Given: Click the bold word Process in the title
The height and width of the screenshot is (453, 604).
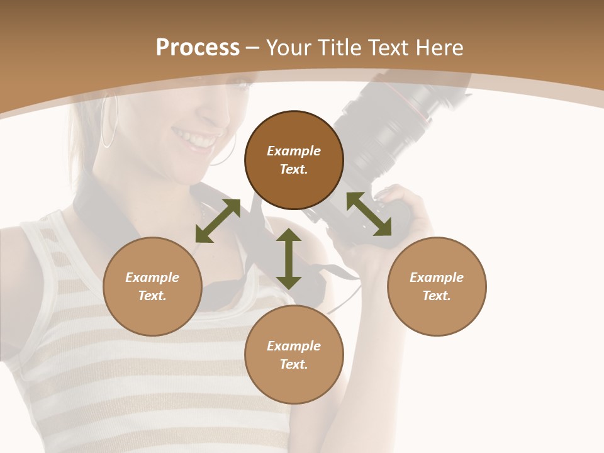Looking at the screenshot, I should [x=198, y=48].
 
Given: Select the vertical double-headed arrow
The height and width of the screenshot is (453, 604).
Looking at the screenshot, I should [x=289, y=259].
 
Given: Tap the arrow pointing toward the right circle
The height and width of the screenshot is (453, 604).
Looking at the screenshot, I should [x=369, y=214].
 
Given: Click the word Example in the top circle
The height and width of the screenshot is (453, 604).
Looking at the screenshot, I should [x=294, y=151].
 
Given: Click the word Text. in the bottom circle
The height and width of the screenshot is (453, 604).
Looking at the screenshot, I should [x=294, y=364].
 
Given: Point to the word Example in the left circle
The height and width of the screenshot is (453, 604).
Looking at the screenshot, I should [x=152, y=277].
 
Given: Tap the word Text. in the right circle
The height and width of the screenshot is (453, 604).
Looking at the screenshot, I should [x=437, y=296].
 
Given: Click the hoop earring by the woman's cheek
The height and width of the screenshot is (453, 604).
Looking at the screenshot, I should [x=110, y=123].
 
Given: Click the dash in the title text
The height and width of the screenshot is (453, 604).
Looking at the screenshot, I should [x=252, y=48].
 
